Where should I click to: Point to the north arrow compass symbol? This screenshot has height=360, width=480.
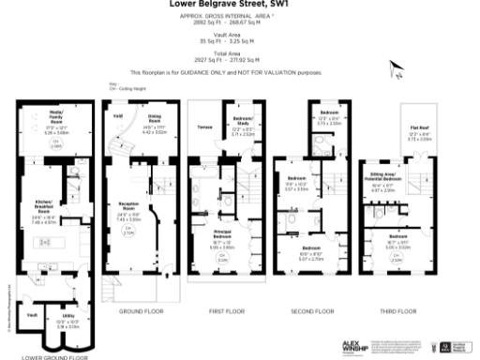397,67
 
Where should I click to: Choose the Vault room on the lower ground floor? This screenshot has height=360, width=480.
32,315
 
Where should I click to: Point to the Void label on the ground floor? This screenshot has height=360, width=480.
118,116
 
